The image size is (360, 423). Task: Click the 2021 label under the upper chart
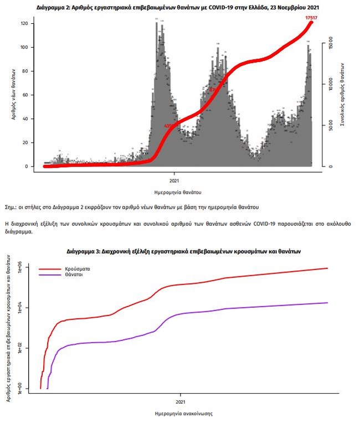[173, 180]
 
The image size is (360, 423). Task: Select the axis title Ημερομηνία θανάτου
[173, 192]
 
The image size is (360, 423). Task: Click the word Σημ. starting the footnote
[11, 207]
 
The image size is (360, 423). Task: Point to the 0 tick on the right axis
[330, 166]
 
